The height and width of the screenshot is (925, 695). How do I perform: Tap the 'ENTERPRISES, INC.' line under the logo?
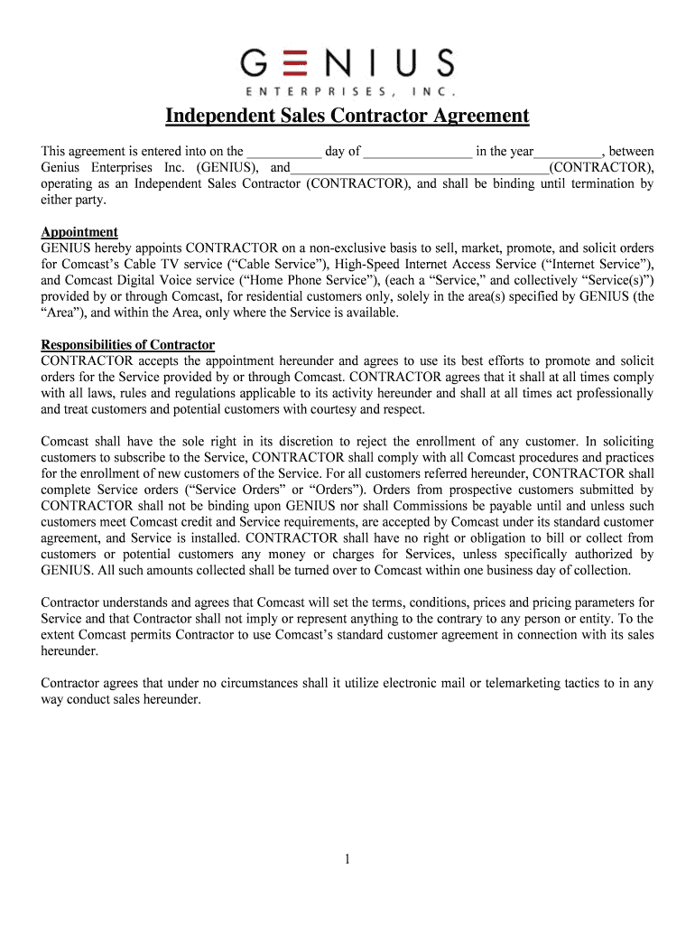point(347,92)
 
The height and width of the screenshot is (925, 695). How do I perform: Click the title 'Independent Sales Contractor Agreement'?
point(347,117)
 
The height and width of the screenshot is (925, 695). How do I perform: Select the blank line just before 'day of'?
point(283,152)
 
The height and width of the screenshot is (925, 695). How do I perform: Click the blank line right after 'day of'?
point(418,152)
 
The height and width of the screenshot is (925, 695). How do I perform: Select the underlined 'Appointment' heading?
point(79,232)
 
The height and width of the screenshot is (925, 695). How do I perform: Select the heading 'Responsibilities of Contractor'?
point(128,345)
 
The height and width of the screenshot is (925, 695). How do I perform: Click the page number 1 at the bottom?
point(347,859)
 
